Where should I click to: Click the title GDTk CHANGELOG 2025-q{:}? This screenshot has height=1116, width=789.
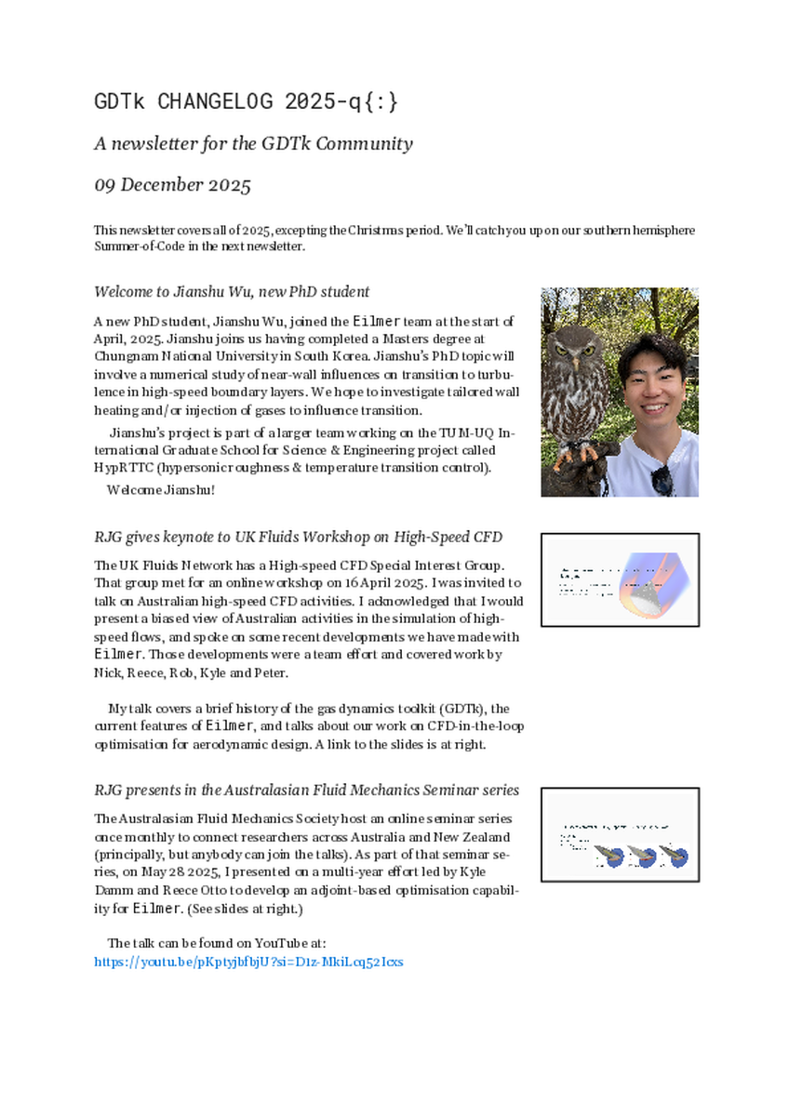pos(247,101)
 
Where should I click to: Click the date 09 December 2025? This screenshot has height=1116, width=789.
pos(172,185)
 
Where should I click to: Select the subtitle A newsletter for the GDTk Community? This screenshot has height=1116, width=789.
pos(253,144)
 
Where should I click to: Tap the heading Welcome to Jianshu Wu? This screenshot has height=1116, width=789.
pos(232,291)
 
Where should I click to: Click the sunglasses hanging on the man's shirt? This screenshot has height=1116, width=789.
pos(662,480)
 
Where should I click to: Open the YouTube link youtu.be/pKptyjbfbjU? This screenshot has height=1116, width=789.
pos(248,962)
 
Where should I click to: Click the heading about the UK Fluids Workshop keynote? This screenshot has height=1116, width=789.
pos(298,538)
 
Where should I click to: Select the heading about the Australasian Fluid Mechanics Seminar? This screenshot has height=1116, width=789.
pos(306,790)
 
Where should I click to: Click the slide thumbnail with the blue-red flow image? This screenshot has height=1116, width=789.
pos(620,579)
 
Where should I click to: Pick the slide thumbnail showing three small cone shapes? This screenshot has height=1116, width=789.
pos(620,834)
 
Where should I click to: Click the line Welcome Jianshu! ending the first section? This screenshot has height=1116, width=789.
pos(160,489)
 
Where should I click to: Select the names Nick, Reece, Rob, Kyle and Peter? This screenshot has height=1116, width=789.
pos(192,673)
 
